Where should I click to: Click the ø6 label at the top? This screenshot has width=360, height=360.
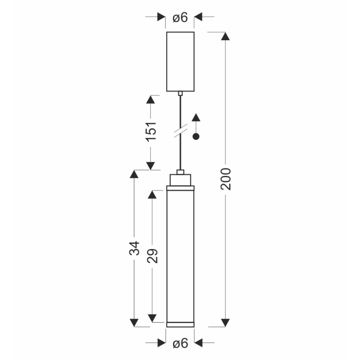(x=180, y=17)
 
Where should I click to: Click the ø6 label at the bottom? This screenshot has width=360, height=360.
(x=180, y=343)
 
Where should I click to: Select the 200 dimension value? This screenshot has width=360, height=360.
(x=225, y=179)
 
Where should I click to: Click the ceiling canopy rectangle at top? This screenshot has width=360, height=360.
(x=180, y=61)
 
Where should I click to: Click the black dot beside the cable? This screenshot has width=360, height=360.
(x=197, y=136)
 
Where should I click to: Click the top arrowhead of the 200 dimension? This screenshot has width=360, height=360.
(x=225, y=36)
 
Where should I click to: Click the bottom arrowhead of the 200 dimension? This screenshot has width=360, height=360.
(x=225, y=322)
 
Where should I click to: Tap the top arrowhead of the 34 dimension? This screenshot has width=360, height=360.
(x=134, y=174)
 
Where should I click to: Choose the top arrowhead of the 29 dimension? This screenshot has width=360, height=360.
(x=152, y=195)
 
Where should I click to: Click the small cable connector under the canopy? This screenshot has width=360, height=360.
(x=180, y=94)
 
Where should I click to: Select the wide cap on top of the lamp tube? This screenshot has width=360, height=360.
(x=180, y=180)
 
